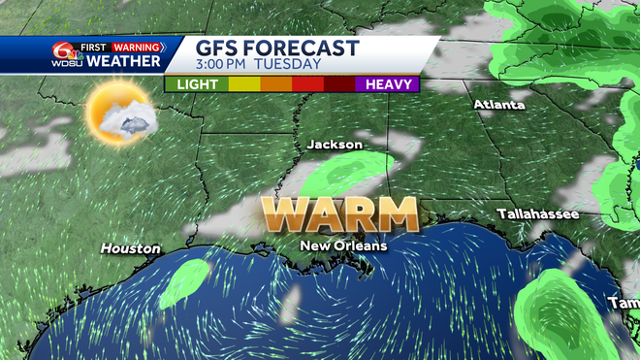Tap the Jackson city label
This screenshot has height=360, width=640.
pyautogui.click(x=335, y=145)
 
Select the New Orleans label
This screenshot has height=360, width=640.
pyautogui.click(x=343, y=245)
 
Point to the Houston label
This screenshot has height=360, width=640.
pyautogui.click(x=130, y=248)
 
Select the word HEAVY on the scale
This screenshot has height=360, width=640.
pyautogui.click(x=387, y=84)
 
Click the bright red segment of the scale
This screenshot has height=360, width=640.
pyautogui.click(x=308, y=84)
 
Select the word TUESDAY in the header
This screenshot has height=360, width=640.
pyautogui.click(x=290, y=65)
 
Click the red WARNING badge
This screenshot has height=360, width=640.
pyautogui.click(x=137, y=46)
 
